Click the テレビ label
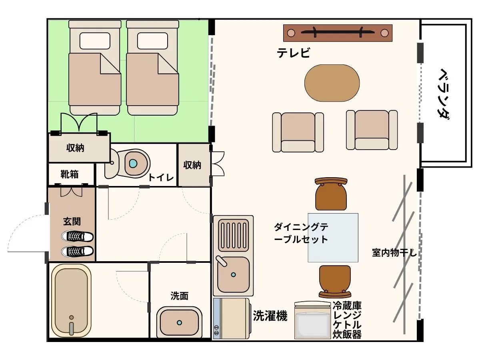tap(294, 53)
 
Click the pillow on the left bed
tap(95, 41)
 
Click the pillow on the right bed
tap(152, 41)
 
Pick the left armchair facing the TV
tap(298, 132)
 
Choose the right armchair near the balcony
tap(372, 130)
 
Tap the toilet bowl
tap(133, 163)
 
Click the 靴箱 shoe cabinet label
tap(70, 174)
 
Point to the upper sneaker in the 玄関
tap(77, 236)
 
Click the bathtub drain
tap(72, 319)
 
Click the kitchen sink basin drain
tap(233, 275)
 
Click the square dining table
tap(333, 238)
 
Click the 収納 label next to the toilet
tap(192, 165)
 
